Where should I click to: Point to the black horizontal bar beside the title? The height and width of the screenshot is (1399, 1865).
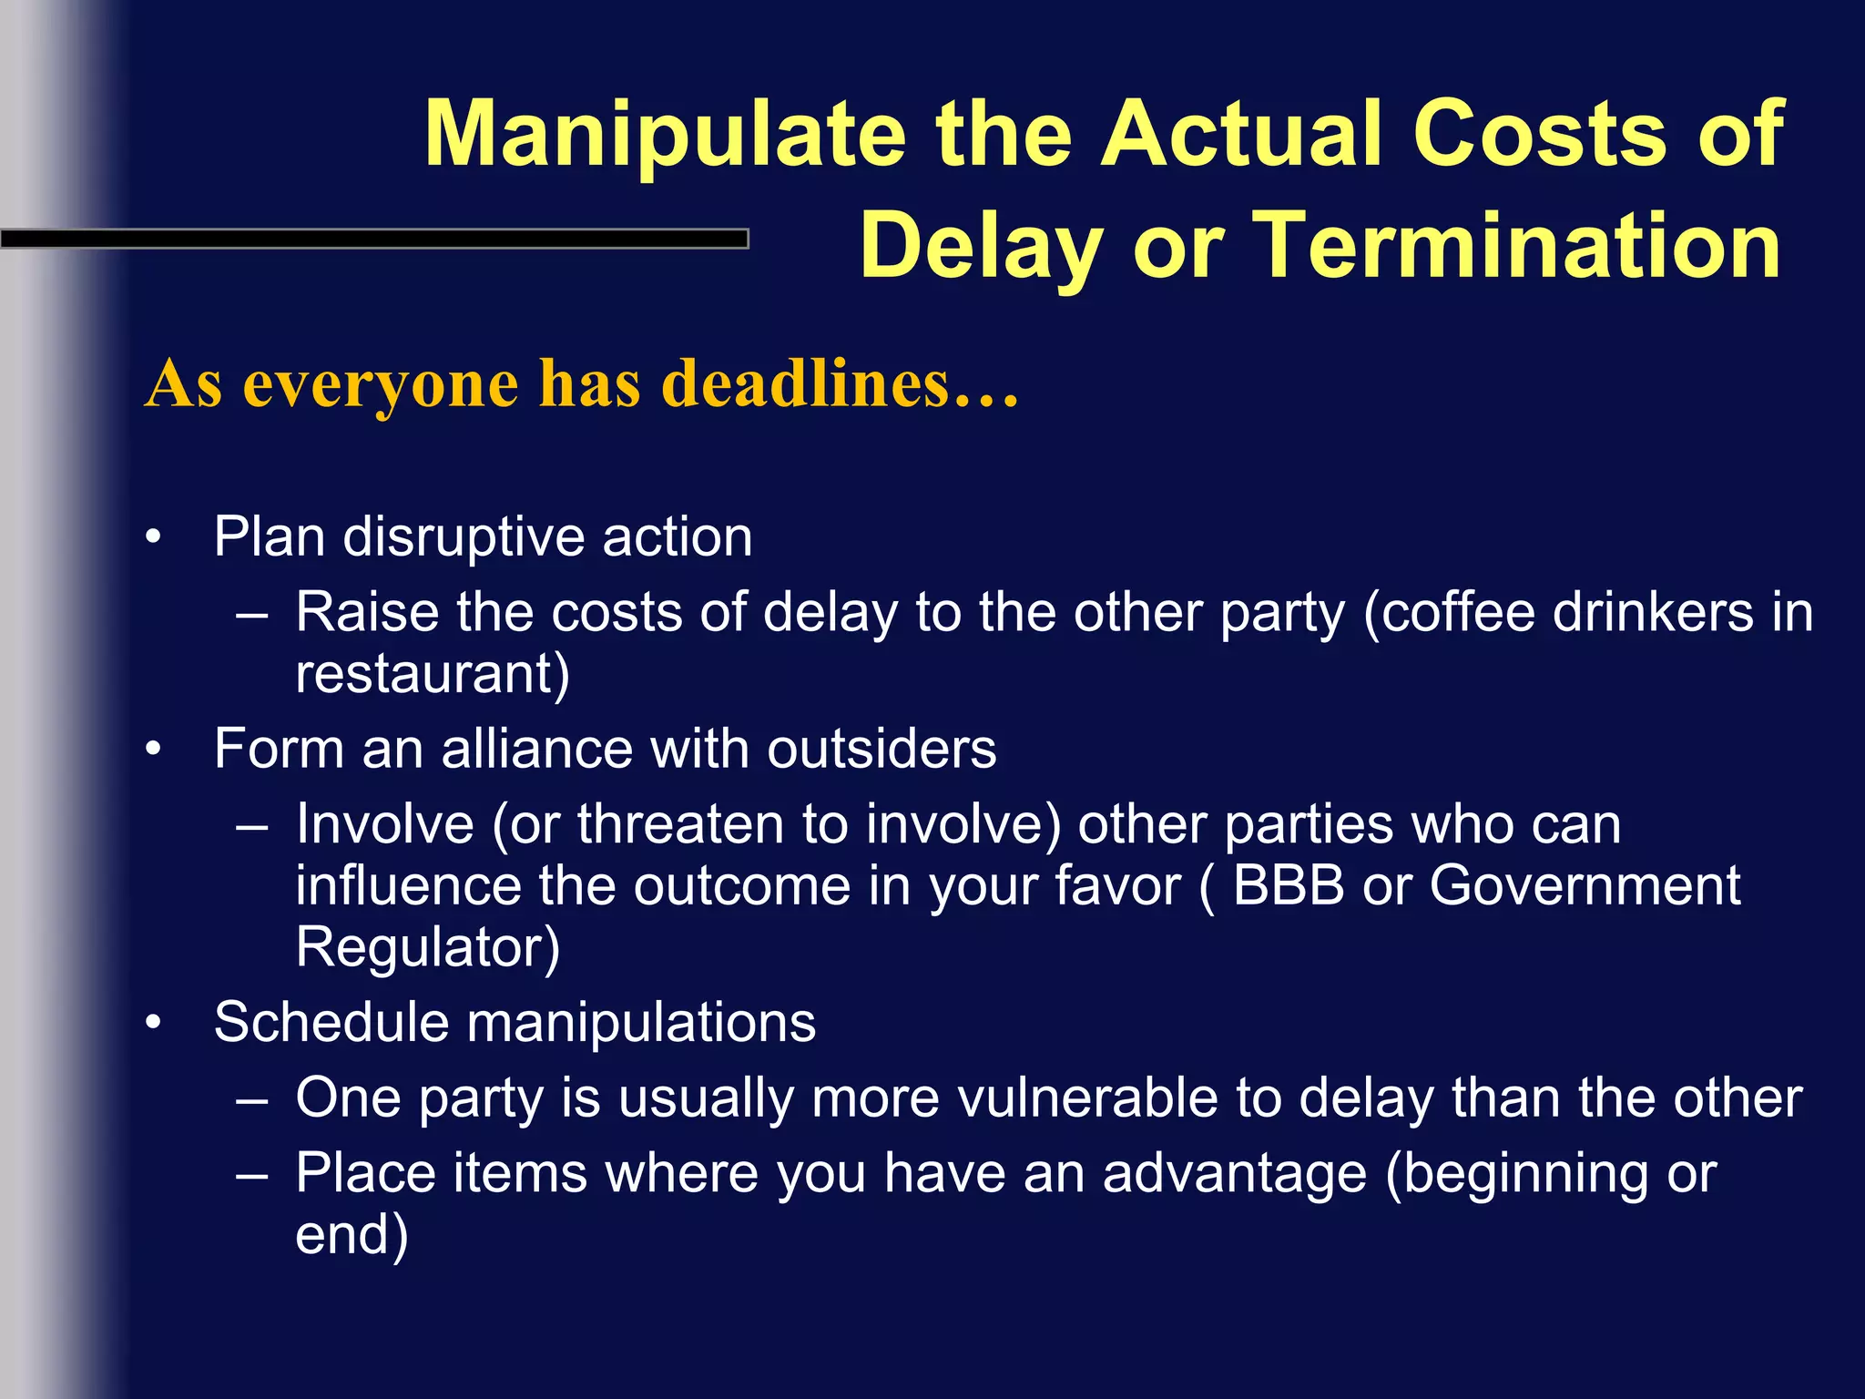point(373,239)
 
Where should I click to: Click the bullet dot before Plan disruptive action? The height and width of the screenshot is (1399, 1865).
point(154,539)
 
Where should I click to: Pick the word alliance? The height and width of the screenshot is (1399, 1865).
point(536,750)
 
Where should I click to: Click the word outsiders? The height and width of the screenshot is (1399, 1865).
point(882,750)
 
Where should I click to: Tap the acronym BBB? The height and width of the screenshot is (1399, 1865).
point(1288,885)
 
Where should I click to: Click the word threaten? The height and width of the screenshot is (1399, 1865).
point(680,825)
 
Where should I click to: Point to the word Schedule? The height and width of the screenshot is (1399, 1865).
point(331,1023)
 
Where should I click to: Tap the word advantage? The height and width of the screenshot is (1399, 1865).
point(1235,1173)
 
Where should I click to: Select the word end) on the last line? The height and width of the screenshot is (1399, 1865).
point(352,1235)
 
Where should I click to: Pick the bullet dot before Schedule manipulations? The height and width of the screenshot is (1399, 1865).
point(154,1025)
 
